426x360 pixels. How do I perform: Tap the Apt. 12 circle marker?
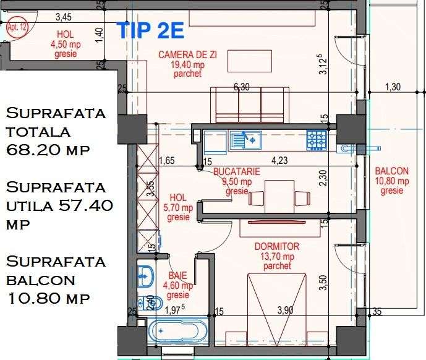click(17, 27)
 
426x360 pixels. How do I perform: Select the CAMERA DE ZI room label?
click(182, 55)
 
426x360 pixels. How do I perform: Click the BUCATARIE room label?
click(236, 172)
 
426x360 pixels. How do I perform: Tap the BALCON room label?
click(391, 171)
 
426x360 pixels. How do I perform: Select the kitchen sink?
click(245, 140)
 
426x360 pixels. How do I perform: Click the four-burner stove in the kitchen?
click(317, 140)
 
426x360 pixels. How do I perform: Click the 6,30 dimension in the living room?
click(242, 88)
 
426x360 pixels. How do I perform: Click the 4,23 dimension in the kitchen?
click(279, 163)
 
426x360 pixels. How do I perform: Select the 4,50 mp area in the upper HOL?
click(64, 44)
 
